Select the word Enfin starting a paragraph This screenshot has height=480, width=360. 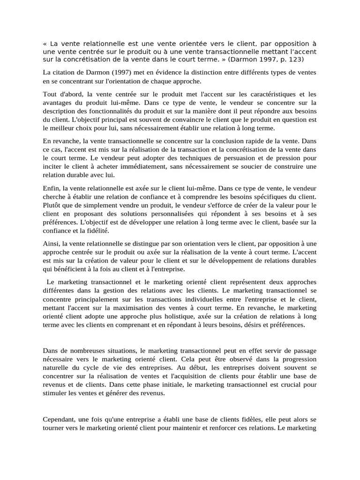tap(52, 187)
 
